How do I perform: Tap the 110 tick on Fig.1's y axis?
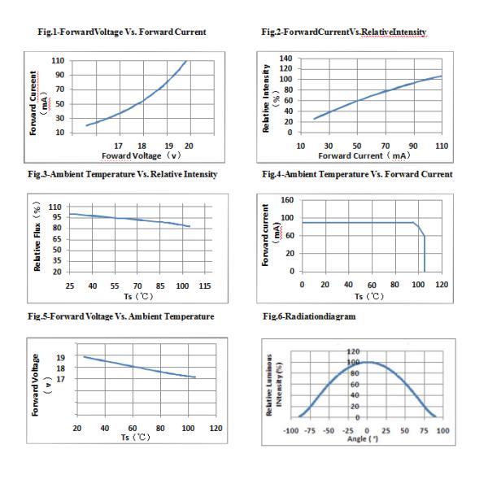pos(59,61)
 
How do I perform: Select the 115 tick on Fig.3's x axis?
pos(205,286)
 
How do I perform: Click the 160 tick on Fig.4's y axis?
pos(286,200)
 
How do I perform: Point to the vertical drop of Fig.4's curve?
pos(424,252)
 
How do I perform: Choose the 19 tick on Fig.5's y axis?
pos(60,357)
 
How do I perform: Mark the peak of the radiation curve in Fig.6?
pos(368,362)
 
